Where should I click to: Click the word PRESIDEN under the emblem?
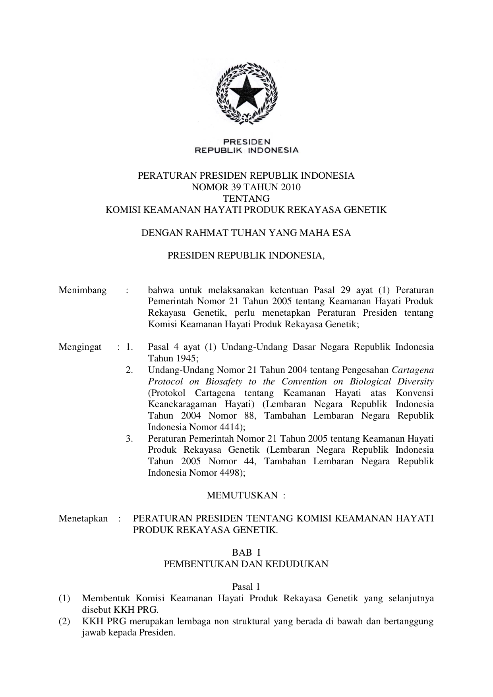click(x=246, y=142)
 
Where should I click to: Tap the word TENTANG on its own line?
click(x=246, y=199)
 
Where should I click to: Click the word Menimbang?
click(x=83, y=290)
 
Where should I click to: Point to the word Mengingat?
click(x=80, y=347)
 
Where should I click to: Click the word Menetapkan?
click(x=83, y=519)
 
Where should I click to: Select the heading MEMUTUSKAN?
click(x=242, y=496)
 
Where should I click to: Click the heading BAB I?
click(x=246, y=552)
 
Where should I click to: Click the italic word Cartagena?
click(x=413, y=370)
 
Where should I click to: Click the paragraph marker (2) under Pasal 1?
click(x=64, y=622)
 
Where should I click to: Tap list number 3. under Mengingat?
click(x=129, y=439)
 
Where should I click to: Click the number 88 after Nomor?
click(x=243, y=416)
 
